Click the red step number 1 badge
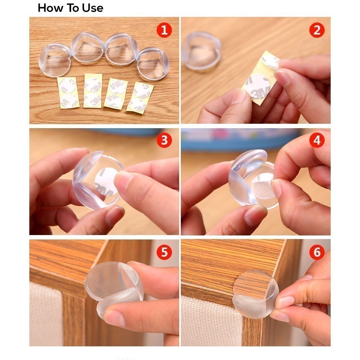[164, 30]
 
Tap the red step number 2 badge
[317, 30]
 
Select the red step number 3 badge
[164, 140]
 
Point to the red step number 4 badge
[317, 140]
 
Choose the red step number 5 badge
[164, 252]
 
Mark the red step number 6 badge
[317, 252]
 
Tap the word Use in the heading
[93, 8]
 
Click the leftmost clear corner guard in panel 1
[55, 60]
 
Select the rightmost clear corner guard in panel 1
[153, 63]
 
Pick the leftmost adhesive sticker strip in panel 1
[68, 93]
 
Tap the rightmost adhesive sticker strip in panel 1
[140, 98]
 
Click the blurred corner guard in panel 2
[202, 51]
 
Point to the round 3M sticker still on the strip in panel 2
[258, 86]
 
